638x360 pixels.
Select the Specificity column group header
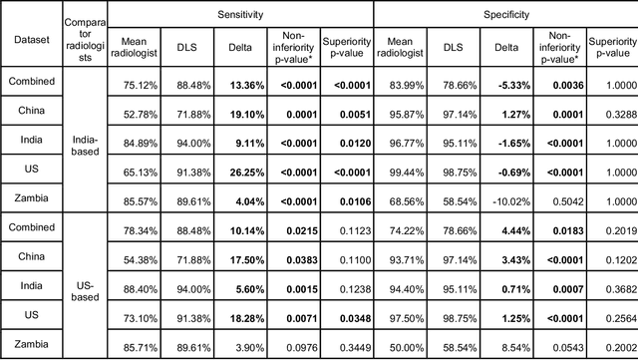coord(505,15)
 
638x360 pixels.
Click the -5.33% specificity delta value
coord(503,85)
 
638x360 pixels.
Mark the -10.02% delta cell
coord(503,200)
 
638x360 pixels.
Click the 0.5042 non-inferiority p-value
coord(558,200)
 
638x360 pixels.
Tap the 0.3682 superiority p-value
coord(612,287)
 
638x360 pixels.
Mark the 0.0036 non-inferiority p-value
coord(558,85)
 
